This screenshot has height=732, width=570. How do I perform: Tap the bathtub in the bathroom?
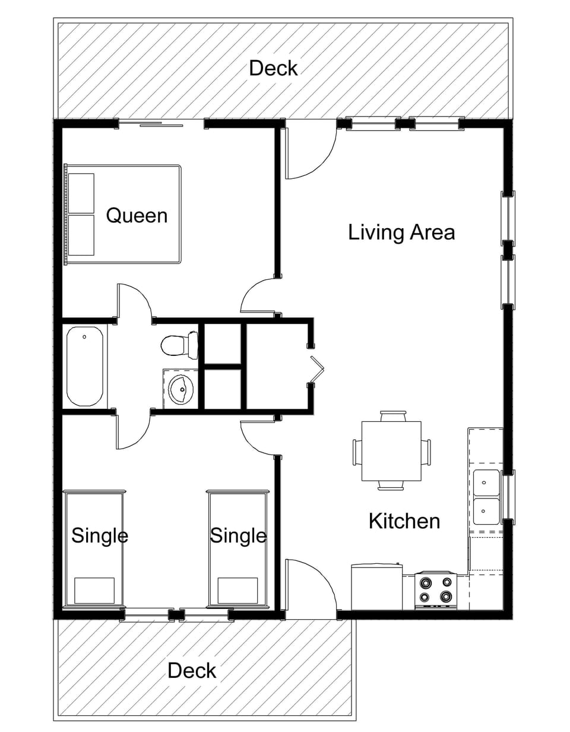[x=85, y=367]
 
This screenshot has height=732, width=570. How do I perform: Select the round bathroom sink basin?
[x=181, y=389]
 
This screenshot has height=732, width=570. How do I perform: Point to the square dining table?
[x=391, y=451]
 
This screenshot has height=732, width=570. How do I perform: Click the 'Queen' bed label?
[x=137, y=216]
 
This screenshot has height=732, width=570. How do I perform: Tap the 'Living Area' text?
[x=401, y=232]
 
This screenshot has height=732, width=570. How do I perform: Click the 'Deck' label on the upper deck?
[x=273, y=68]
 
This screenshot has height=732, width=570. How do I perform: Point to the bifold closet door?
[x=316, y=369]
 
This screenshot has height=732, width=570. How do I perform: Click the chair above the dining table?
[x=393, y=416]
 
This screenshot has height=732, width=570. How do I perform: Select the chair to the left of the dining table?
[x=357, y=452]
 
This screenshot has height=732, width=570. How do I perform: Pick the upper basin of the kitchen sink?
[x=486, y=483]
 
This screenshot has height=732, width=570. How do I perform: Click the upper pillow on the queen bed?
[x=81, y=193]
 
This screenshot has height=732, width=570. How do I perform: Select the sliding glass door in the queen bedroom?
[x=161, y=124]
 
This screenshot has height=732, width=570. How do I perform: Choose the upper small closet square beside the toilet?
[x=223, y=344]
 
